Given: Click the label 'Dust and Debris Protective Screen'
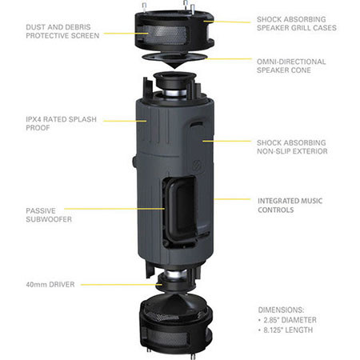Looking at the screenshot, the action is point(62,31).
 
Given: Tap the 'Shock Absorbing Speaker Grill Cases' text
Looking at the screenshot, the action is point(297,23).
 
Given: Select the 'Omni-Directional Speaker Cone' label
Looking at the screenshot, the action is point(291,66).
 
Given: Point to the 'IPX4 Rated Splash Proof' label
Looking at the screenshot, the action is point(61,123).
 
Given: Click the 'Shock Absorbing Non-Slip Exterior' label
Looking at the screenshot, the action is point(292,147).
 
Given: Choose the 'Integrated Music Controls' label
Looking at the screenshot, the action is point(290,206).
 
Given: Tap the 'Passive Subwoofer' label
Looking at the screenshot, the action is point(49,215).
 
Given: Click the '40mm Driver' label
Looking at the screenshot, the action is point(50,285).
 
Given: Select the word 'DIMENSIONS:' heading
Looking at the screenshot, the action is point(281,310).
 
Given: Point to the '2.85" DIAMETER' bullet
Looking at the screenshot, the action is point(287,320).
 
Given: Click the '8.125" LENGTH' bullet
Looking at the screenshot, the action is point(286,330).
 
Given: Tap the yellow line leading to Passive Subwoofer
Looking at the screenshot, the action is point(114,209).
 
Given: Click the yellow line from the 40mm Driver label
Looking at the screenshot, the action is point(122,285).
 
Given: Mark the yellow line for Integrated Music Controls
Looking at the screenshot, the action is point(232,199).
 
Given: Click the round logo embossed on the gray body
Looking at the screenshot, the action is point(198,164).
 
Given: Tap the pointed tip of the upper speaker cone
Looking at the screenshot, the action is point(174,68).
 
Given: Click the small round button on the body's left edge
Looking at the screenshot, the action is point(134,162).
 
